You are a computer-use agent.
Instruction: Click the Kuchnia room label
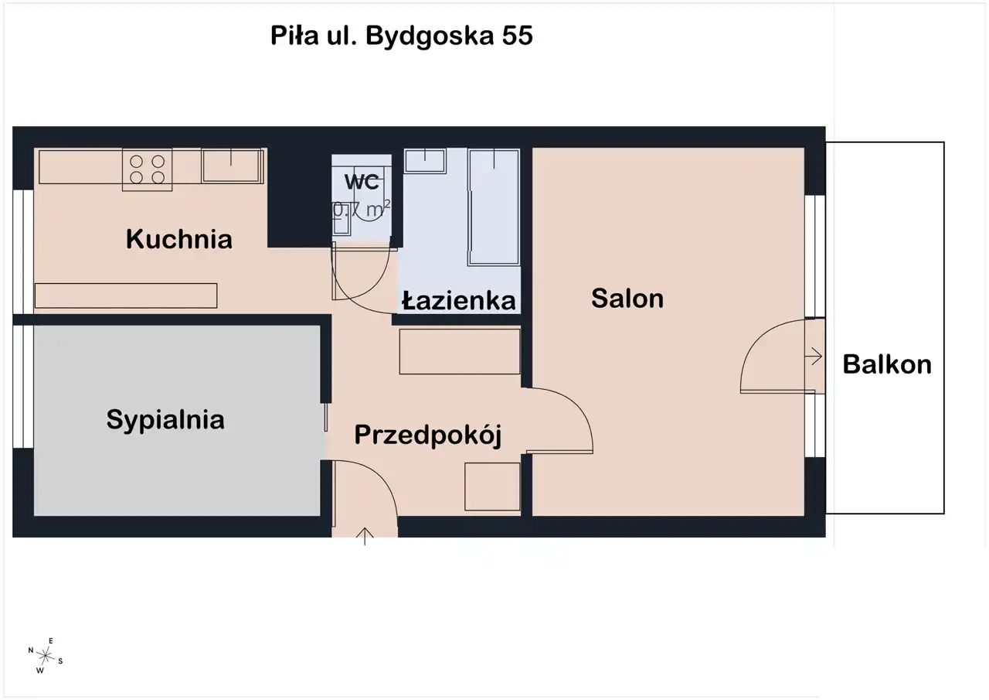tap(178, 239)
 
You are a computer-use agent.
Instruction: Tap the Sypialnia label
tap(165, 420)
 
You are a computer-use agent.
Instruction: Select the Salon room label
tap(627, 299)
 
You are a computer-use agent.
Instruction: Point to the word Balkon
tap(887, 364)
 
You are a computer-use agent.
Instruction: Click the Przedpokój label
tap(428, 435)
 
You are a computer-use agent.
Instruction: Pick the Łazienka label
tap(459, 301)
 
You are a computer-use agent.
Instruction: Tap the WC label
tap(362, 182)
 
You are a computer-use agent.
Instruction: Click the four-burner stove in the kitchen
tap(147, 169)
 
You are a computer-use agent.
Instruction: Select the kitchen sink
tap(233, 166)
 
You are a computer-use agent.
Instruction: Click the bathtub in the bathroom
tap(494, 207)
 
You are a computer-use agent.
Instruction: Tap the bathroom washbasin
tap(425, 161)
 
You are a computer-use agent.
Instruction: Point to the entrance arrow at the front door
tap(365, 536)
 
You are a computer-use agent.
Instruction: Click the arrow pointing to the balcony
tap(814, 356)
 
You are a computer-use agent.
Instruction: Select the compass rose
tap(45, 656)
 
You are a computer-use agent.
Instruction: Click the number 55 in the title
tap(517, 36)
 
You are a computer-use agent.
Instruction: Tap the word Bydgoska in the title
tap(430, 36)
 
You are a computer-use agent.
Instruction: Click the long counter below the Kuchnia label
tap(126, 295)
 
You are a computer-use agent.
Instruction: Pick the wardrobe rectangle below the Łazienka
tap(460, 351)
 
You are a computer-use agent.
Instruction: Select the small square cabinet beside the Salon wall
tap(492, 487)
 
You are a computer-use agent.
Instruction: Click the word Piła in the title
tap(294, 36)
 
